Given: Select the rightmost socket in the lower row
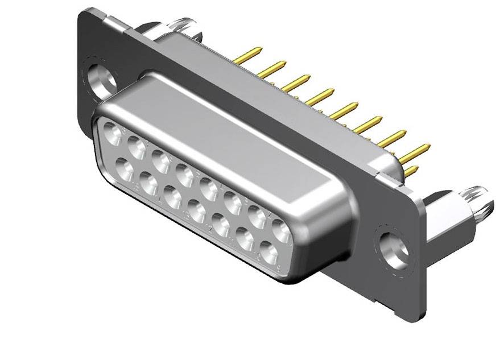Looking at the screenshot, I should (269, 251).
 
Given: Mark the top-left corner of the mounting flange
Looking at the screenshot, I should (85, 13).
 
